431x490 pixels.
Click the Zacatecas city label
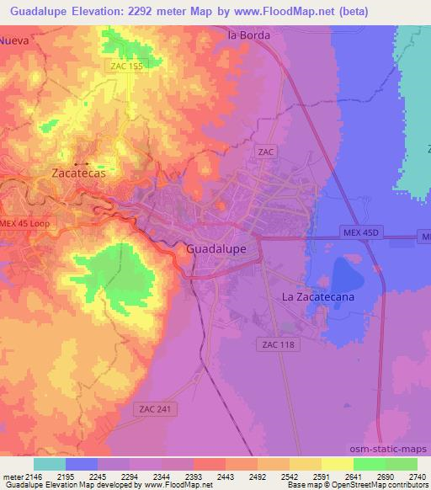pos(77,173)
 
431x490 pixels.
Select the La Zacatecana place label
pos(317,297)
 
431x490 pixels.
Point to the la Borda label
pos(249,36)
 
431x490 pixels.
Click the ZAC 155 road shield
pos(125,65)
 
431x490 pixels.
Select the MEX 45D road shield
pos(363,231)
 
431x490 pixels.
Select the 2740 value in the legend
pos(417,477)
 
